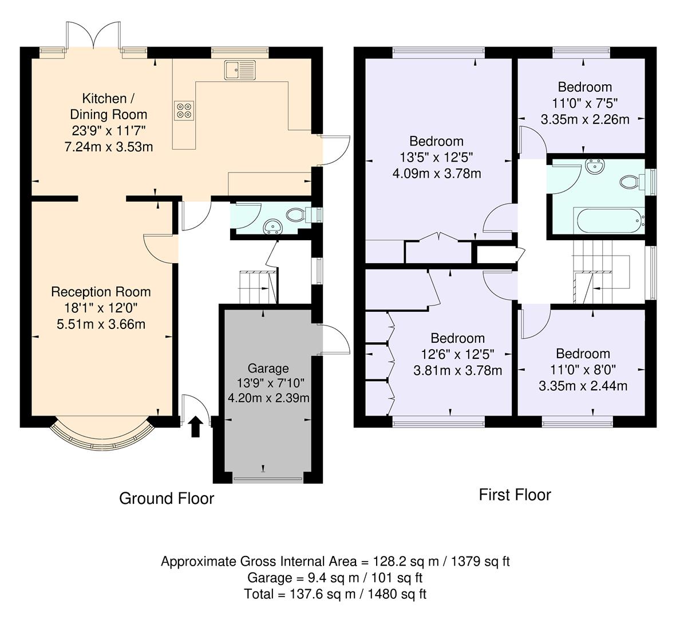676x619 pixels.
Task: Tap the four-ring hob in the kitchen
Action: [183, 109]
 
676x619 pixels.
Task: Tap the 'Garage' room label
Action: [268, 368]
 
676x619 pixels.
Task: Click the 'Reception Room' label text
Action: [101, 292]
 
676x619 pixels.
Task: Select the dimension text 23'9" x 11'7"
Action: [109, 131]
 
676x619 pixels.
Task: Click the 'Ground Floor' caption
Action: [166, 498]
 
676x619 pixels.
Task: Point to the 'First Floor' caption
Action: [515, 495]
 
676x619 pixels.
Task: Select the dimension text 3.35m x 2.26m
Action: [584, 120]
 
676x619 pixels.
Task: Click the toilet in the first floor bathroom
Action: [631, 182]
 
